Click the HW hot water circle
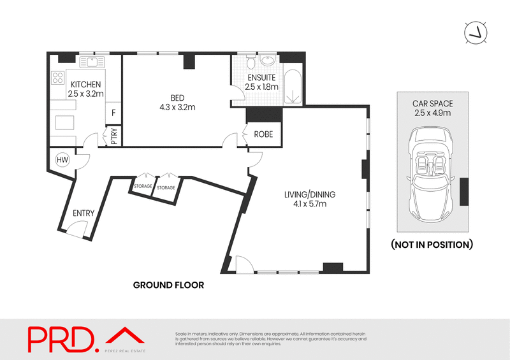pos(62,159)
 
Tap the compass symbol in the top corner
pos(476,32)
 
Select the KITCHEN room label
pos(85,85)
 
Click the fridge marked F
pos(113,113)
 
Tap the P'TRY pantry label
pos(114,137)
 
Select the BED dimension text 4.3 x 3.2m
pos(177,107)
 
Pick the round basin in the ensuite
pos(268,62)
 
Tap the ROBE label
pos(264,134)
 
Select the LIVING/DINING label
pos(310,194)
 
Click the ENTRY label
pos(84,213)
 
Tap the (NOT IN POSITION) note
pos(431,245)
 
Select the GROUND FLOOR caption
pos(168,285)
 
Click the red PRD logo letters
pos(61,339)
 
